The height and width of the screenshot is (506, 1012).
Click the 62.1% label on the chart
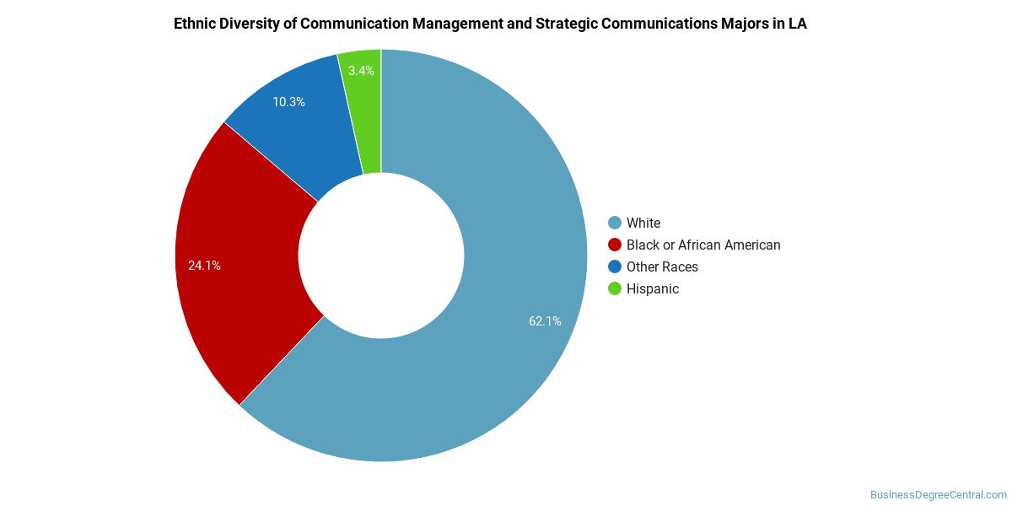545,321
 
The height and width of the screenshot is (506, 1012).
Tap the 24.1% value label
204,266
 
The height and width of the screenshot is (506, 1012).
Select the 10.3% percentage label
288,102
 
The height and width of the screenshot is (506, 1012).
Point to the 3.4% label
361,71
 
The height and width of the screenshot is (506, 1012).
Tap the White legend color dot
615,223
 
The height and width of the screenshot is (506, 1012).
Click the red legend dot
615,245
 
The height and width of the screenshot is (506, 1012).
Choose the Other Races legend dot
615,266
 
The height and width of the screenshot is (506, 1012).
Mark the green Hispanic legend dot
615,288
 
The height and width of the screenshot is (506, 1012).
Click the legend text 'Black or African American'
703,245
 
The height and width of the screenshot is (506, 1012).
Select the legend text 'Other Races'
662,266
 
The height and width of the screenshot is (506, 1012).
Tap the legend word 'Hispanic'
652,288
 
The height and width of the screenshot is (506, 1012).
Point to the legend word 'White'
643,223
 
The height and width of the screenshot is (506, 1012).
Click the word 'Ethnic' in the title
194,24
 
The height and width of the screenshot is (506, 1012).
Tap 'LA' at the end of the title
797,24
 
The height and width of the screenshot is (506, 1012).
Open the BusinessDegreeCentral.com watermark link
938,495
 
